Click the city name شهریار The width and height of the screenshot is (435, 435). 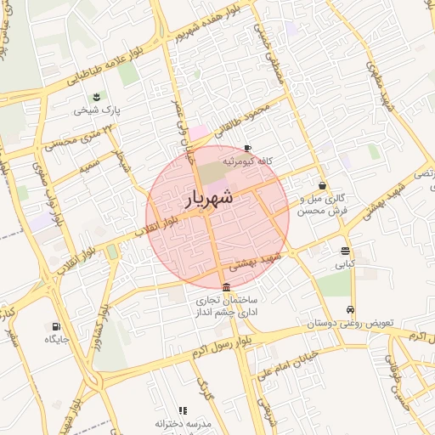pyautogui.click(x=207, y=200)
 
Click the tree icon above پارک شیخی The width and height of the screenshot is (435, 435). pyautogui.click(x=96, y=94)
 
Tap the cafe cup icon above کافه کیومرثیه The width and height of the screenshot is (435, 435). pyautogui.click(x=247, y=146)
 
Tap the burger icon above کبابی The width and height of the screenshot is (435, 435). pyautogui.click(x=344, y=251)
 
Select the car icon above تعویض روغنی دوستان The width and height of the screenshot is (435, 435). pyautogui.click(x=350, y=309)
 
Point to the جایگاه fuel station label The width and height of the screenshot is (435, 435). pyautogui.click(x=55, y=339)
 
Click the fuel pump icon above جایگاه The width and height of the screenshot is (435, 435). pyautogui.click(x=56, y=325)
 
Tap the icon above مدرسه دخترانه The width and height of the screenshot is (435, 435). pyautogui.click(x=183, y=410)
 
